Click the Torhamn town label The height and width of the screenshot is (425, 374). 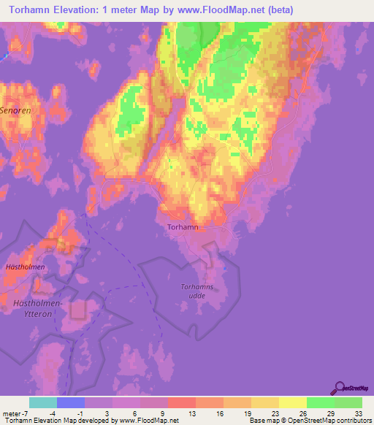click(x=183, y=227)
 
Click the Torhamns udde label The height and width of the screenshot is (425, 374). click(x=196, y=291)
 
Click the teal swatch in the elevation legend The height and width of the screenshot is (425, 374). click(x=43, y=402)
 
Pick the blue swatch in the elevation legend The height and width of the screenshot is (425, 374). click(x=71, y=402)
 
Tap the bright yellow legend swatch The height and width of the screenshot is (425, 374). click(x=293, y=402)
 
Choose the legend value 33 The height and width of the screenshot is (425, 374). click(x=358, y=413)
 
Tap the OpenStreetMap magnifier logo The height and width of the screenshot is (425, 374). click(x=340, y=388)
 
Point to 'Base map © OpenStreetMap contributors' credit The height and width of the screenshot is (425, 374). click(x=309, y=421)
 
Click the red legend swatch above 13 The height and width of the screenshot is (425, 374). click(x=182, y=402)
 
